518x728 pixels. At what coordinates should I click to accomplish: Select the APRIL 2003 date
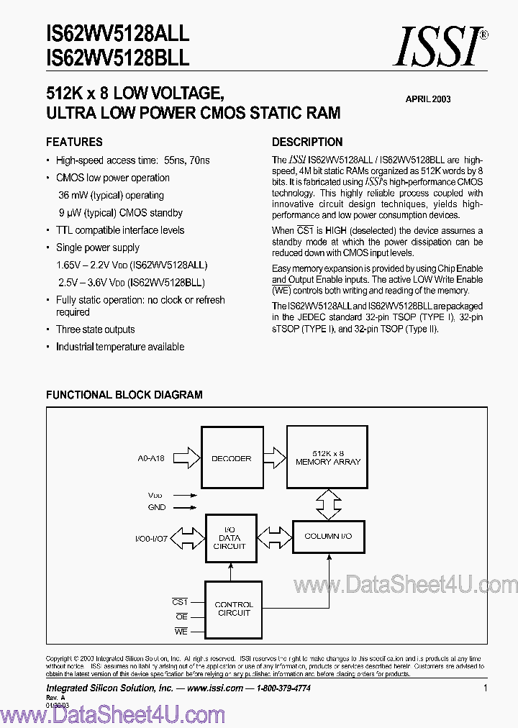point(427,99)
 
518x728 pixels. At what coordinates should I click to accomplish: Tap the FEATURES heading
point(74,142)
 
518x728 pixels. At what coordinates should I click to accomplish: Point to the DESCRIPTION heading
point(307,142)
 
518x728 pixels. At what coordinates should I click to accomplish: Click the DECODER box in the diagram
point(231,458)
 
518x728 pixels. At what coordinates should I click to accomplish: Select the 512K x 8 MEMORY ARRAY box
point(328,457)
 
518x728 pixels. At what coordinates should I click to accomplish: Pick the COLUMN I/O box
point(328,537)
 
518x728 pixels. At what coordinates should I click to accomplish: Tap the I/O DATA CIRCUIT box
point(230,537)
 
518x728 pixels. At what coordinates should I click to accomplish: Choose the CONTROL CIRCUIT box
point(234,609)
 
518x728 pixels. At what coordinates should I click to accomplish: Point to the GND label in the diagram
point(156,507)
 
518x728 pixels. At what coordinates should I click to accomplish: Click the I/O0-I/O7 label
point(151,538)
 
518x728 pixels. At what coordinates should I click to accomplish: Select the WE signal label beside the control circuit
point(181,631)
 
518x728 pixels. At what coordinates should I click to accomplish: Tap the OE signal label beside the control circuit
point(181,616)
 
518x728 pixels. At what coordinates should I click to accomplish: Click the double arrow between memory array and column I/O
point(328,504)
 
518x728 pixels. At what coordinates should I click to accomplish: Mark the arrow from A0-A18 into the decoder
point(186,458)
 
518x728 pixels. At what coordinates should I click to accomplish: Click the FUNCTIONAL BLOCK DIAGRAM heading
point(124,395)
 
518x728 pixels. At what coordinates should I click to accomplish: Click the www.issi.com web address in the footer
point(214,688)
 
